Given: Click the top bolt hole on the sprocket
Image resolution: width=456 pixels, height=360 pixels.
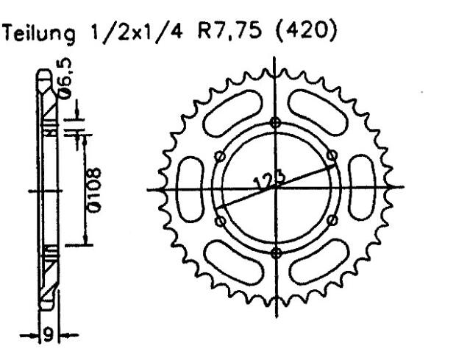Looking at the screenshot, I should pos(276,122).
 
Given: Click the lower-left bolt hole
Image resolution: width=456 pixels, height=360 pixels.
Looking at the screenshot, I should pos(219,220).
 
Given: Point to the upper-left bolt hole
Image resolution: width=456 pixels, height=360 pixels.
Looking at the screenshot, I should pos(219,156).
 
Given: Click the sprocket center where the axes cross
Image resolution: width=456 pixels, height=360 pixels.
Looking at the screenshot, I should pos(276,187).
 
